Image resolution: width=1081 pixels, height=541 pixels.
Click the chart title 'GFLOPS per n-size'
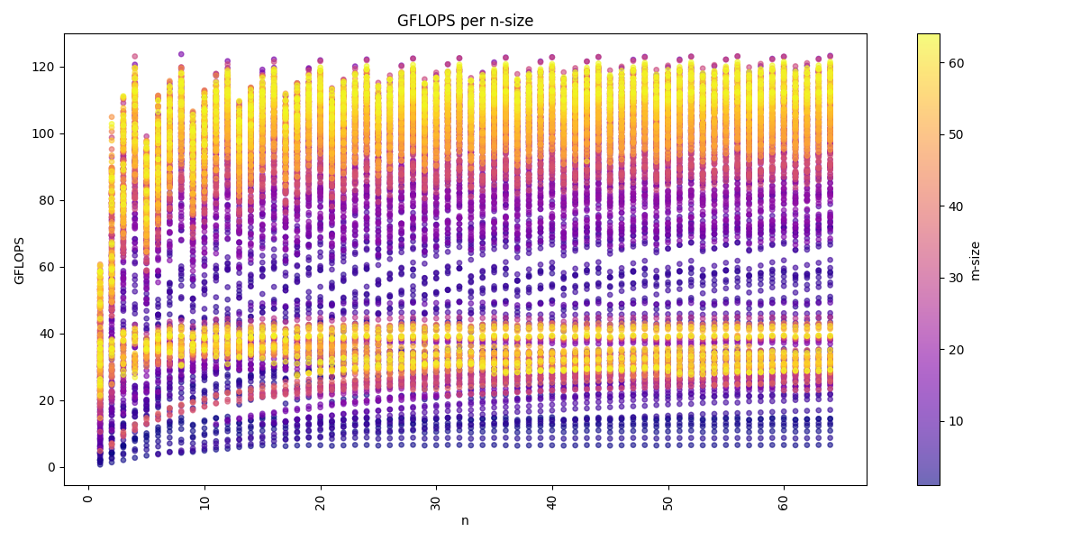[x=465, y=21]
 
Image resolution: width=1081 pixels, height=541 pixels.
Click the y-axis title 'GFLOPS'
[x=20, y=260]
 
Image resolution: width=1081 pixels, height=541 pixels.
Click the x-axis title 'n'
[x=465, y=520]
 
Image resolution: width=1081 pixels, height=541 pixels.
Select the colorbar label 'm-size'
[x=975, y=260]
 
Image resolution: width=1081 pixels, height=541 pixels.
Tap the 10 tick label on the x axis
[x=204, y=500]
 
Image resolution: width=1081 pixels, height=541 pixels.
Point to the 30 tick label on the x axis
[x=436, y=500]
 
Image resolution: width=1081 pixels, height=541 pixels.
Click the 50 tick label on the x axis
[x=668, y=500]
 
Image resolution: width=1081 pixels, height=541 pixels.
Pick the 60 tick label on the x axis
[x=784, y=500]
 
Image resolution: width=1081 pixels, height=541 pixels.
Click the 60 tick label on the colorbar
[x=956, y=62]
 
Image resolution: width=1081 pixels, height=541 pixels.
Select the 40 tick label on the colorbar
[x=956, y=206]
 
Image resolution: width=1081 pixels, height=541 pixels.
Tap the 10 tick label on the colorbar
[x=956, y=421]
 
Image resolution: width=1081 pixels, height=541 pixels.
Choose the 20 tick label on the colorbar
[x=956, y=350]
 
